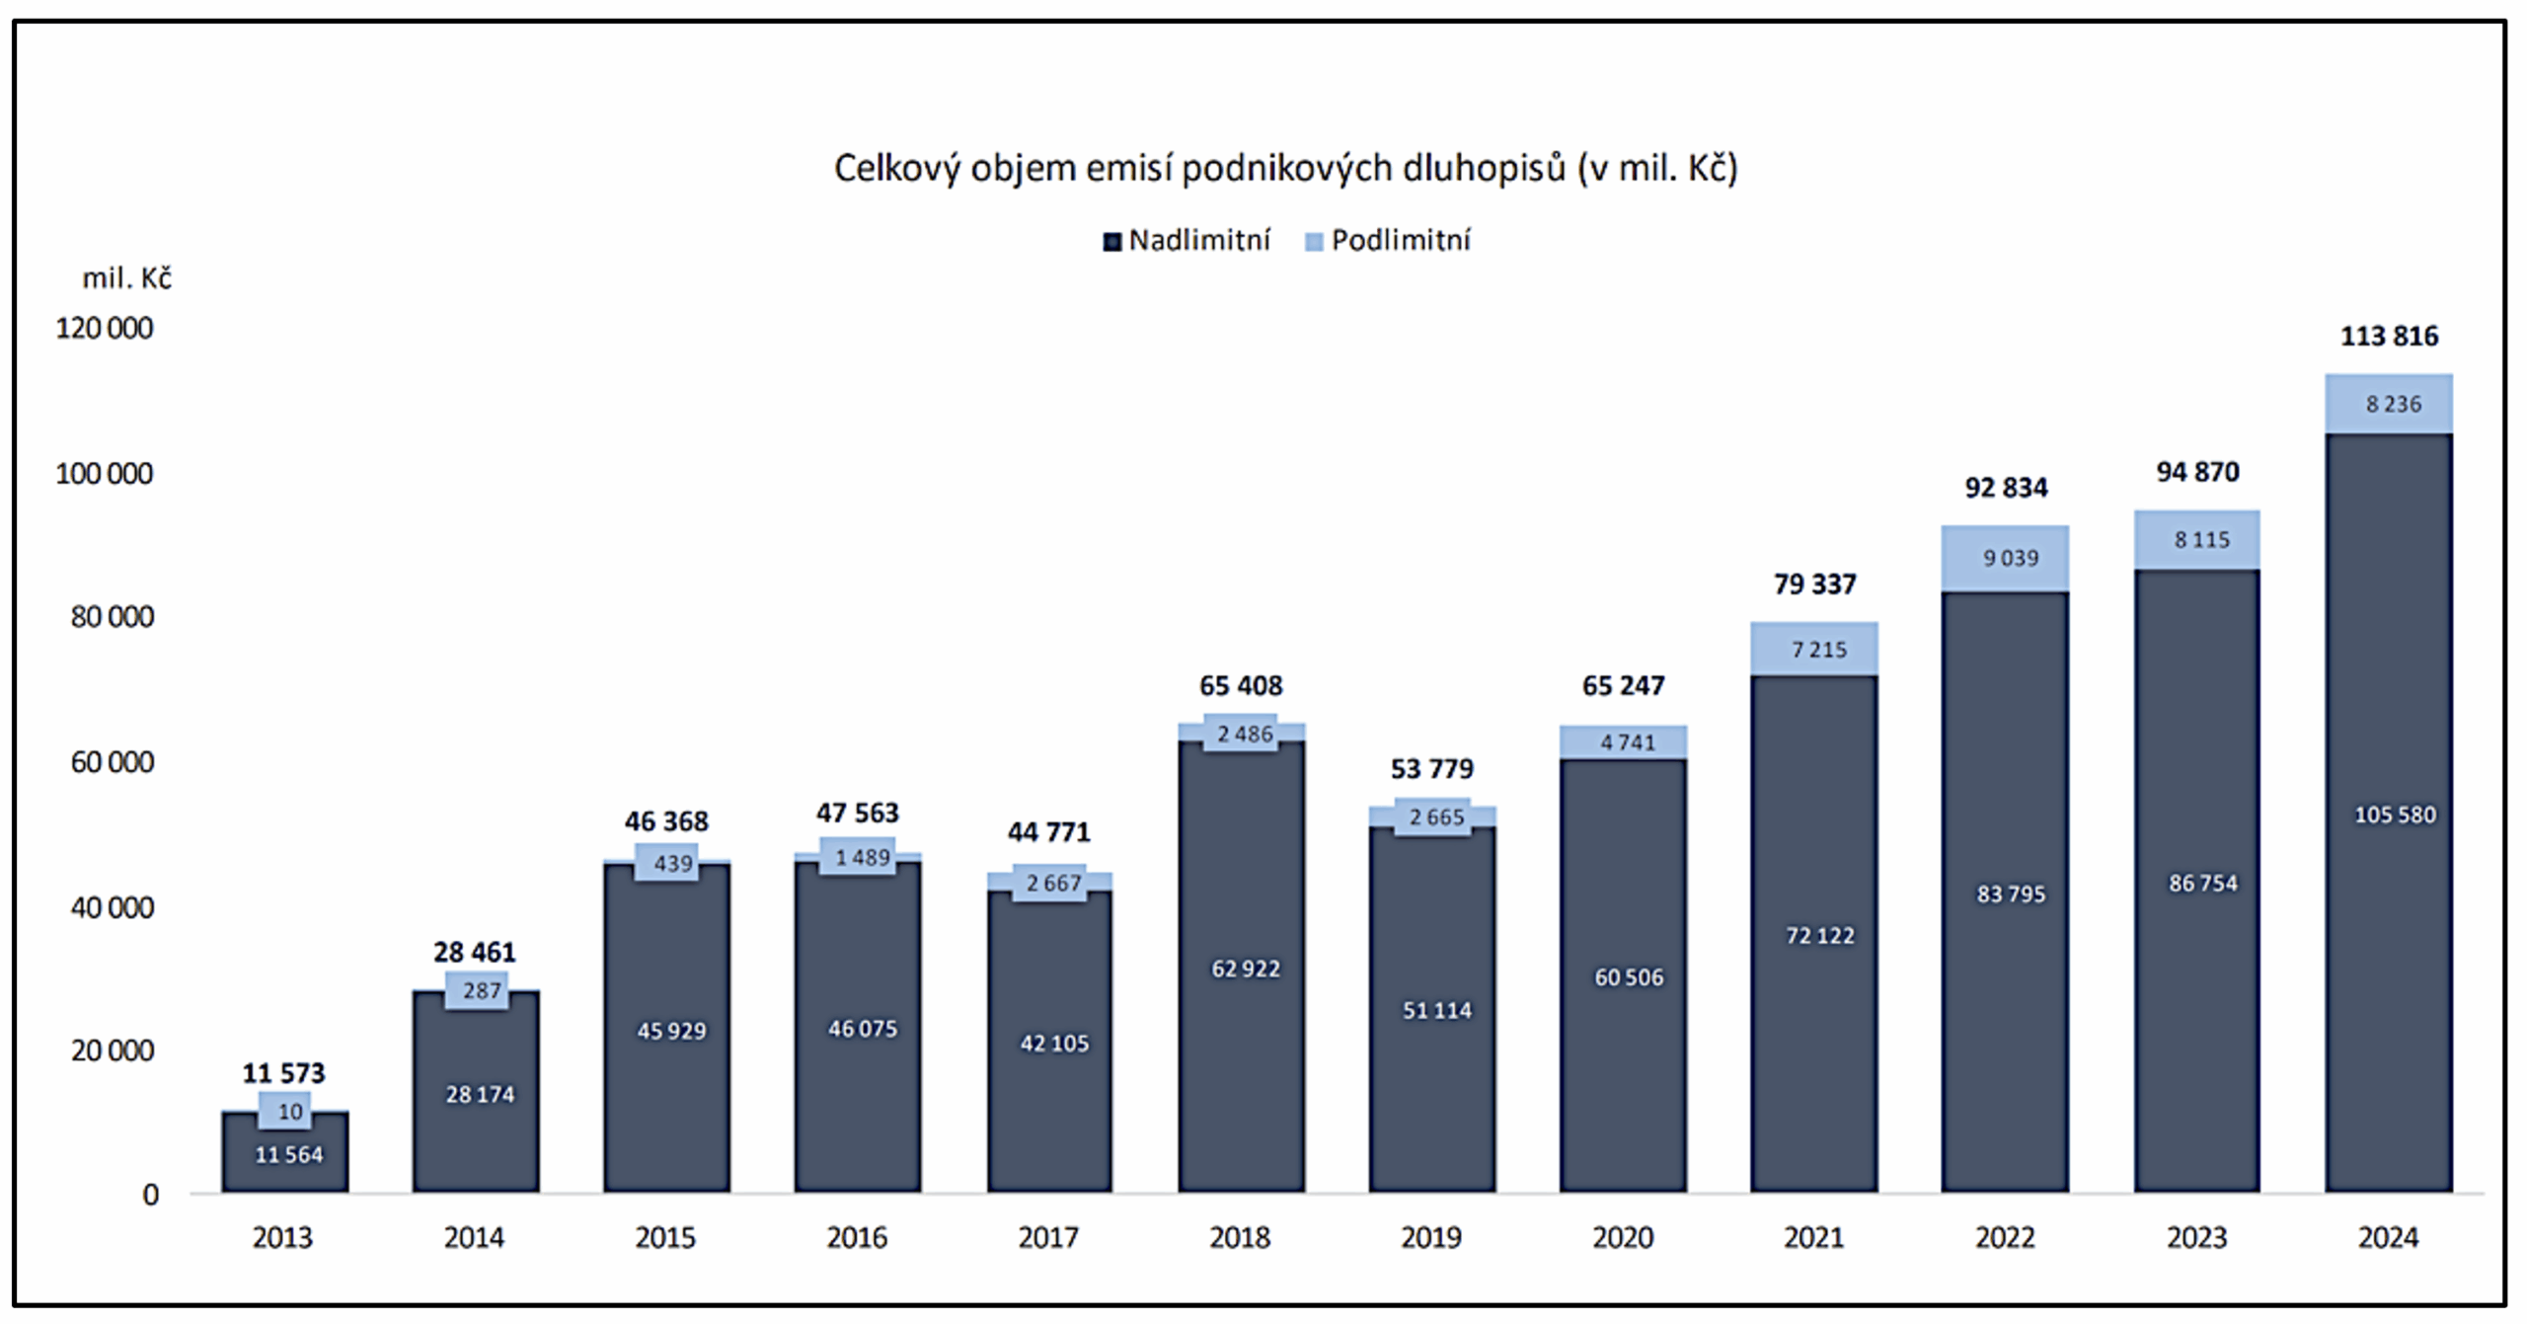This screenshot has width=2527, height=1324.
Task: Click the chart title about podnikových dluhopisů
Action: click(1285, 169)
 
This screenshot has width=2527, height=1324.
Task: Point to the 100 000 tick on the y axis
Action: click(105, 474)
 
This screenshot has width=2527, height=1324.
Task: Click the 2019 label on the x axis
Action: click(1431, 1237)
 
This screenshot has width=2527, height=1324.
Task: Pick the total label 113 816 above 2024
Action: click(2389, 337)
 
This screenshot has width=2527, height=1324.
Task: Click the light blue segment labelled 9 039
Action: click(2005, 559)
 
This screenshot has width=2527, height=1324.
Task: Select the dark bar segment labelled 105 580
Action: click(2389, 816)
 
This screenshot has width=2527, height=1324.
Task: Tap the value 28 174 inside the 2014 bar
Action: click(480, 1095)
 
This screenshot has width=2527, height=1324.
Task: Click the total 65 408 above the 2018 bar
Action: click(1241, 685)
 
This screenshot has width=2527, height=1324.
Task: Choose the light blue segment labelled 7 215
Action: click(1814, 650)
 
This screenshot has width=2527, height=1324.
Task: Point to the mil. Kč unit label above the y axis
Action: click(126, 279)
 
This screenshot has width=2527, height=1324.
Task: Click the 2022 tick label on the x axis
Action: click(2005, 1237)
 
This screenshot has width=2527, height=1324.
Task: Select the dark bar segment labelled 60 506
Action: click(1624, 977)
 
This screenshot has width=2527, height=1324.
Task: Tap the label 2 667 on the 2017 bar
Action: click(1053, 884)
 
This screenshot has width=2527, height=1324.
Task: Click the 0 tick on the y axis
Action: click(150, 1196)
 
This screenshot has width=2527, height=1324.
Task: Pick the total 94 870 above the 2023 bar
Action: click(2197, 472)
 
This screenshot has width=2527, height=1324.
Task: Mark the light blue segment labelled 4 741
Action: click(1624, 742)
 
